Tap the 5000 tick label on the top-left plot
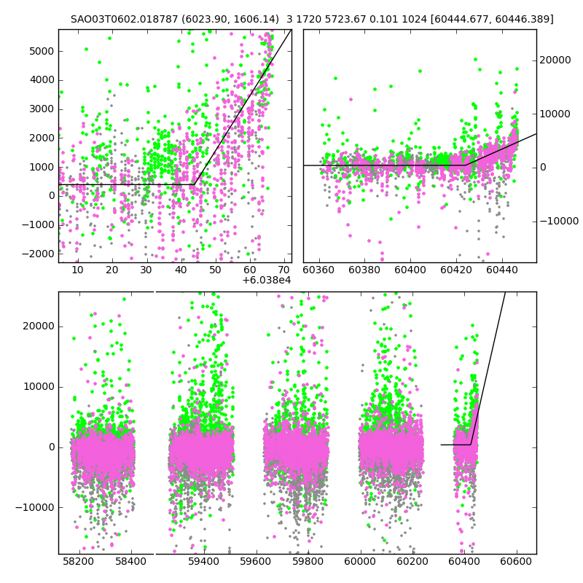[x=42, y=51]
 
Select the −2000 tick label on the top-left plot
[x=38, y=254]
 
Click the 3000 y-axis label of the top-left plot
[x=42, y=109]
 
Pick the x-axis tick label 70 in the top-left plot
[x=284, y=270]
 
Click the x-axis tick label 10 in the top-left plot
[x=77, y=270]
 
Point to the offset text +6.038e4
[x=266, y=280]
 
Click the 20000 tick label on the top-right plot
[x=555, y=60]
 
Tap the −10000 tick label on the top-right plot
[x=559, y=222]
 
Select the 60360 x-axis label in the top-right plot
[x=318, y=270]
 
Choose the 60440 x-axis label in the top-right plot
[x=502, y=270]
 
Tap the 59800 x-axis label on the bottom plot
[x=308, y=561]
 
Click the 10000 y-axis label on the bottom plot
[x=39, y=387]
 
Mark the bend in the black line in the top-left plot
[x=194, y=184]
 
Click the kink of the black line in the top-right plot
[x=466, y=165]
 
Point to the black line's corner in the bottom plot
[x=471, y=445]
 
